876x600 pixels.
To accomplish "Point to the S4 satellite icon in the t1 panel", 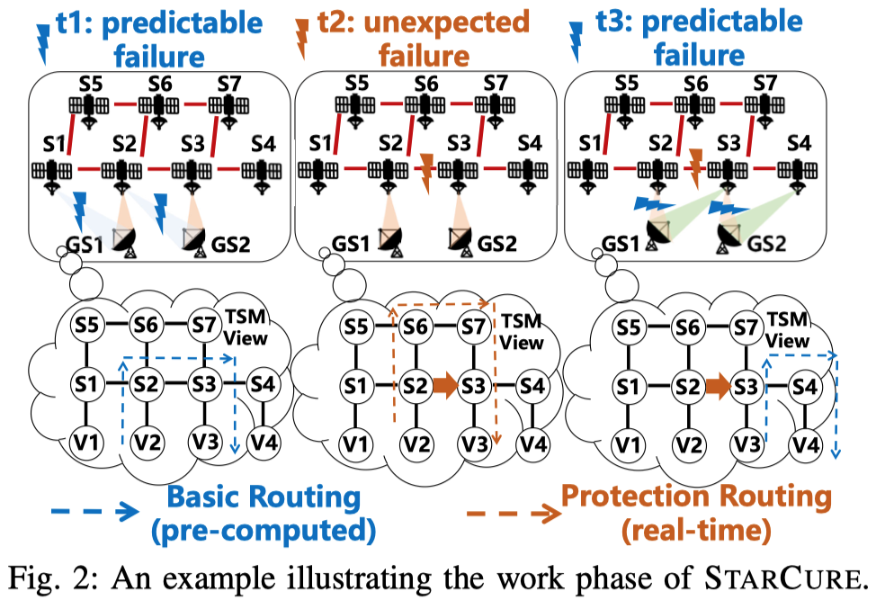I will pos(262,173).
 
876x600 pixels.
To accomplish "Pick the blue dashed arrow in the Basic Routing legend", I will pos(94,510).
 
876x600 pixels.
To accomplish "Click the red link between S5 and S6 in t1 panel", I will pos(123,105).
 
